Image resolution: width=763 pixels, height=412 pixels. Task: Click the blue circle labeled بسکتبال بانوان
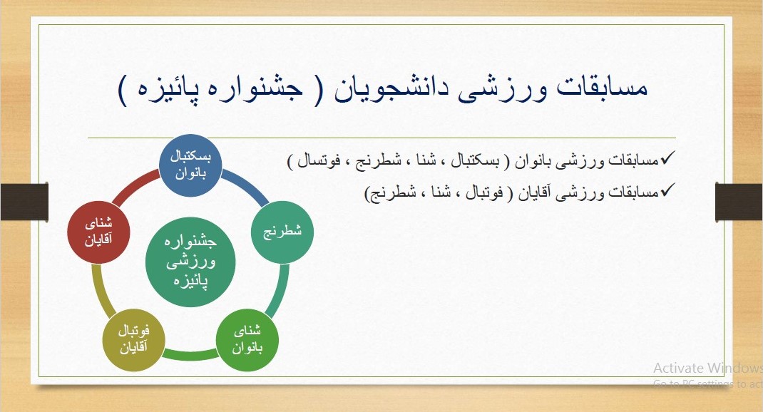[x=191, y=165]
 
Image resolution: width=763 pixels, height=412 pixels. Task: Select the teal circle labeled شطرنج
[x=282, y=232]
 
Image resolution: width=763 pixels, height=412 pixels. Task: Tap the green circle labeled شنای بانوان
[x=247, y=340]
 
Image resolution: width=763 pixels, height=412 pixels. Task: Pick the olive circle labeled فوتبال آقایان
[x=134, y=340]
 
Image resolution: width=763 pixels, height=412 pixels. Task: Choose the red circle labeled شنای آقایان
[x=99, y=232]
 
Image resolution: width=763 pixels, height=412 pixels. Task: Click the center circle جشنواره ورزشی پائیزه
[x=190, y=262]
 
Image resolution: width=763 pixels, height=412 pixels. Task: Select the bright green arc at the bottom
[x=190, y=355]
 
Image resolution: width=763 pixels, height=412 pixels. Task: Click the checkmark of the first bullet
[x=667, y=158]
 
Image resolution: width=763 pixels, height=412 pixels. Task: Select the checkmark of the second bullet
[x=667, y=189]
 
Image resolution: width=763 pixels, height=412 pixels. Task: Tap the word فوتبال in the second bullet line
[x=484, y=192]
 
